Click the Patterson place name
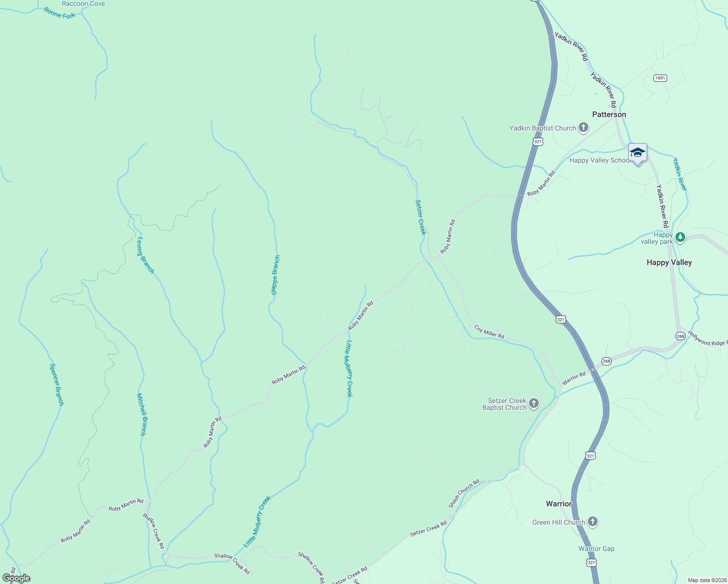[609, 114]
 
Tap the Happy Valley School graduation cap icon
[637, 153]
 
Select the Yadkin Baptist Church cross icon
[583, 128]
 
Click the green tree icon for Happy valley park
[680, 237]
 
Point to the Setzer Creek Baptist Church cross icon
[534, 403]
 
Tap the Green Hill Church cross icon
[592, 522]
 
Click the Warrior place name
[558, 504]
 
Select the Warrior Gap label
[596, 548]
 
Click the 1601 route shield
[660, 78]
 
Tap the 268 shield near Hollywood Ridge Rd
[680, 336]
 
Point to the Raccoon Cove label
[83, 4]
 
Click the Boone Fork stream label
[60, 13]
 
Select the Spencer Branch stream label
[57, 384]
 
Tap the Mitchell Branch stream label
[142, 414]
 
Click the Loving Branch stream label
[146, 255]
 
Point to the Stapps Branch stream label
[275, 275]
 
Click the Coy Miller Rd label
[489, 332]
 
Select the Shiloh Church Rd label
[464, 493]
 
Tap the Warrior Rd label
[574, 378]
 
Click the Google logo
[17, 578]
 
